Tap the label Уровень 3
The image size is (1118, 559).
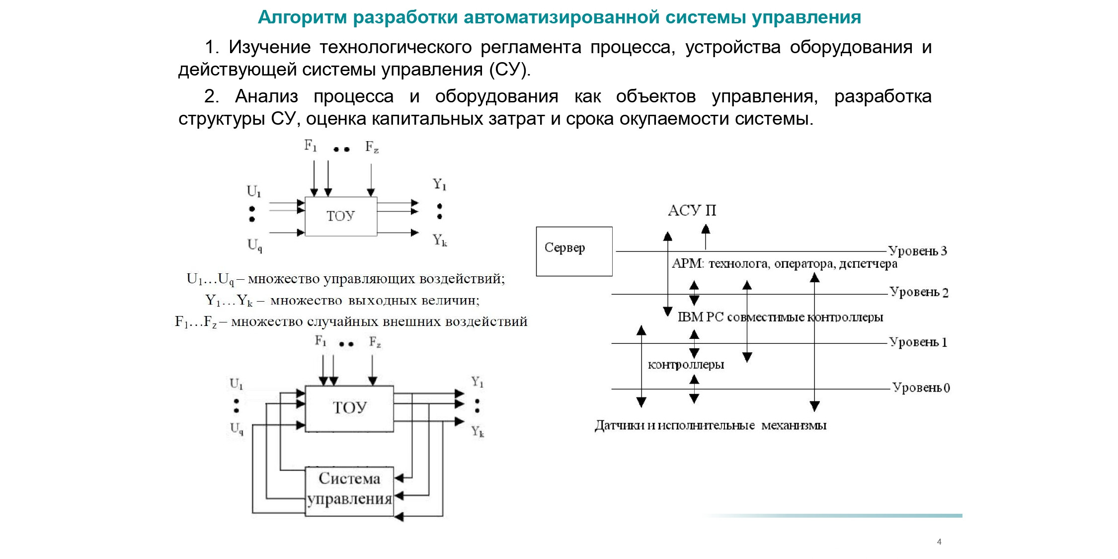click(x=918, y=251)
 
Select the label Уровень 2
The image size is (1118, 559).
click(x=919, y=292)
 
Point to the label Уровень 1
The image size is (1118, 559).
click(x=918, y=342)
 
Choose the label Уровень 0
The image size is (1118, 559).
click(x=921, y=388)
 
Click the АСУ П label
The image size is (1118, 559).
click(x=692, y=211)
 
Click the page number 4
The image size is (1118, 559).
click(x=939, y=542)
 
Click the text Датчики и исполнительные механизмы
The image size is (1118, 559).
click(x=711, y=425)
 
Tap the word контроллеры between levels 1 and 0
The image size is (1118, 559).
click(x=686, y=365)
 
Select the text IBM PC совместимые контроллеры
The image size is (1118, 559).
click(x=780, y=317)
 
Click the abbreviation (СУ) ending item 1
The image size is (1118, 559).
click(x=510, y=70)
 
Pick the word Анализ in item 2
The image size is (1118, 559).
click(x=266, y=96)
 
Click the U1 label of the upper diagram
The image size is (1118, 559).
click(x=254, y=191)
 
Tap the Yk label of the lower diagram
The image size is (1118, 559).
click(x=478, y=431)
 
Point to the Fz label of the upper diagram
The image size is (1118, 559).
click(x=372, y=147)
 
